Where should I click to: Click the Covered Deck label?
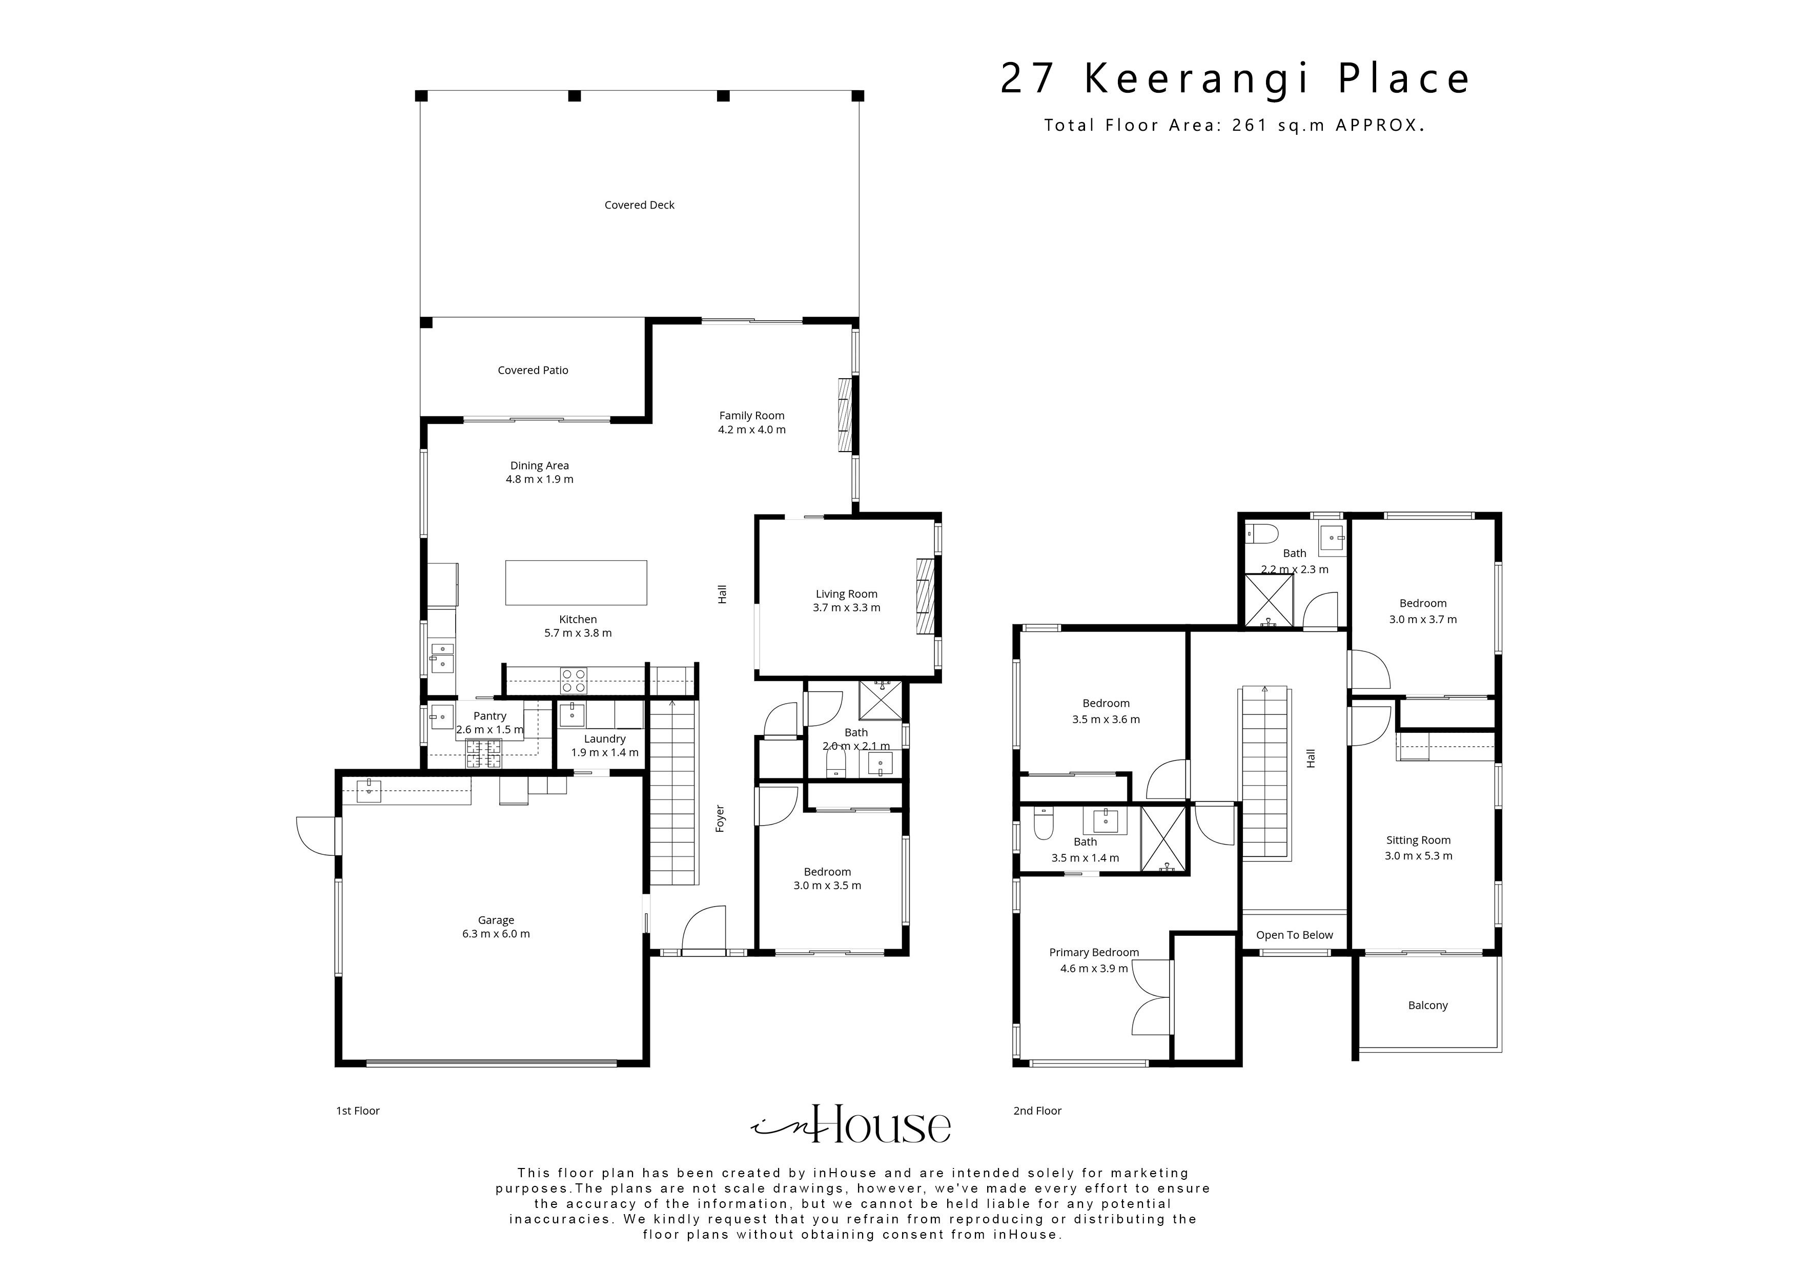point(639,205)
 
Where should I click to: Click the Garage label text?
point(496,920)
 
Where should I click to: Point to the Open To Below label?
point(1294,935)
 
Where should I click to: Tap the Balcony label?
point(1427,1006)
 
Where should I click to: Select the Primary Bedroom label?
point(1093,952)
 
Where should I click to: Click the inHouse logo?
point(851,1125)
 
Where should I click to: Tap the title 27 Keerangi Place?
point(1235,79)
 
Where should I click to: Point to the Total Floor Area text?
point(1233,125)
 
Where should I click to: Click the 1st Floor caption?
point(358,1111)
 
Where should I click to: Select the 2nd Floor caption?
point(1037,1111)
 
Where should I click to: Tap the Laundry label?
point(605,739)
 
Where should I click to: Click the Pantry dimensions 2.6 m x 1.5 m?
point(489,730)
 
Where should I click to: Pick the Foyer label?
point(720,818)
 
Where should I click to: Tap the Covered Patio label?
point(533,371)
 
